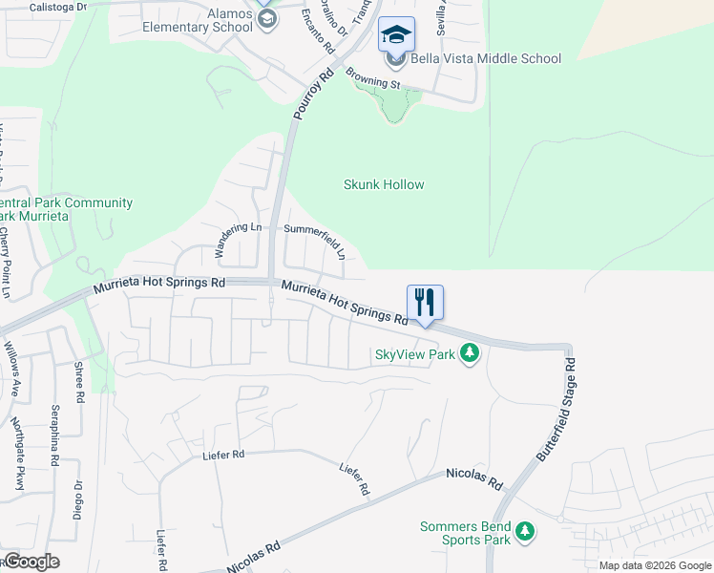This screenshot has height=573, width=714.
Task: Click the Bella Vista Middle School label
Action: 486,58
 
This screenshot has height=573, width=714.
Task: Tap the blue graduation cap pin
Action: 397,36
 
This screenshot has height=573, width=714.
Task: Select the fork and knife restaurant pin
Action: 426,303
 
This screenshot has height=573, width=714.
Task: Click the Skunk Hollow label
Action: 384,184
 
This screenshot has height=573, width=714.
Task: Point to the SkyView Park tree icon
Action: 469,354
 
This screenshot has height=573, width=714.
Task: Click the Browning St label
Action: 373,83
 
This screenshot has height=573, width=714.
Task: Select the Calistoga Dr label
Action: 58,6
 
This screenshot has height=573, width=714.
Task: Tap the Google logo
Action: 31,562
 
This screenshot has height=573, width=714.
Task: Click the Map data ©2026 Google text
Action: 656,565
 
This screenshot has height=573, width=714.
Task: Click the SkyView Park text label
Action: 414,354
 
